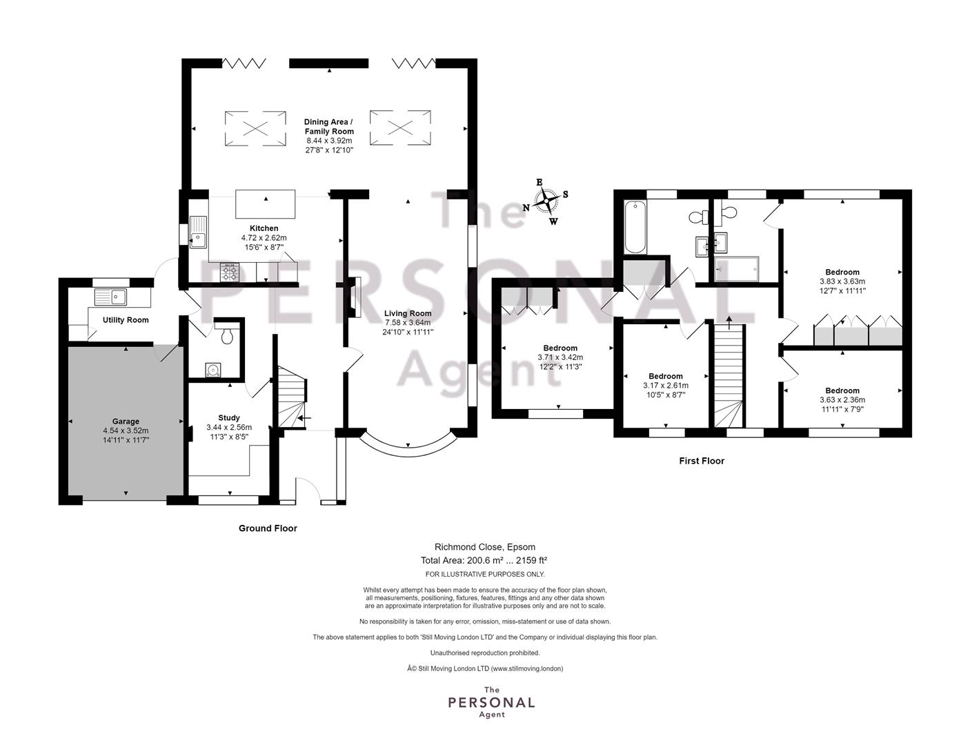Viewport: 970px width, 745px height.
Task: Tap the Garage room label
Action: pos(126,421)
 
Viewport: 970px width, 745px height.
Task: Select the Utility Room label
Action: pos(126,320)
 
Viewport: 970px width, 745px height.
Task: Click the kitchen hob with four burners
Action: pos(230,272)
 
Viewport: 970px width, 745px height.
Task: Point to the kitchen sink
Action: pos(198,232)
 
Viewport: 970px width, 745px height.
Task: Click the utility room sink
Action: pos(110,297)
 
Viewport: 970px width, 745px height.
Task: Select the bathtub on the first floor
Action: pos(635,228)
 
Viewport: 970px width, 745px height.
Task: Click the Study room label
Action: pos(229,417)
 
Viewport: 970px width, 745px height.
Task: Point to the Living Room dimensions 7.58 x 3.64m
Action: pos(408,323)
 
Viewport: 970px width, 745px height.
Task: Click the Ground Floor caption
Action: pos(268,528)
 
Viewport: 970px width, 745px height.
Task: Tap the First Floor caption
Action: pos(701,461)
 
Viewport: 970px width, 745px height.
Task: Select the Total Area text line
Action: pos(484,560)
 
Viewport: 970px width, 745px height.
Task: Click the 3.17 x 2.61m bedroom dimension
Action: pos(666,386)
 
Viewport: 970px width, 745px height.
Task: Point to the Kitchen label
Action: pos(264,228)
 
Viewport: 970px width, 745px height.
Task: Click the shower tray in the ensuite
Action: pos(736,269)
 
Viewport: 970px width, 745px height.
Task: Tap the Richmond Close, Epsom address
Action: pos(485,547)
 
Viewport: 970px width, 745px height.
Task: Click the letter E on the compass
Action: pos(540,182)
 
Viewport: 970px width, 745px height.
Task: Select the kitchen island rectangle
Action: pos(266,204)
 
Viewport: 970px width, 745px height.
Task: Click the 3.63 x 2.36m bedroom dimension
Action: pos(842,399)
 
